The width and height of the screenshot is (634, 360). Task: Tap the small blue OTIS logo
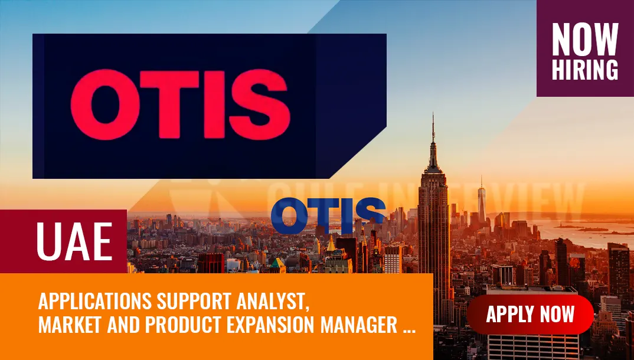(329, 216)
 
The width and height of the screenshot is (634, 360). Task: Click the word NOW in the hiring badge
(585, 40)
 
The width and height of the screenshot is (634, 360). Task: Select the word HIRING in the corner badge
(585, 69)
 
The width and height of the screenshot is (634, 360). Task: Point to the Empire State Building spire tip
(433, 116)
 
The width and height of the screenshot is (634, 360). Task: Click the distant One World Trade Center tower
(481, 201)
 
